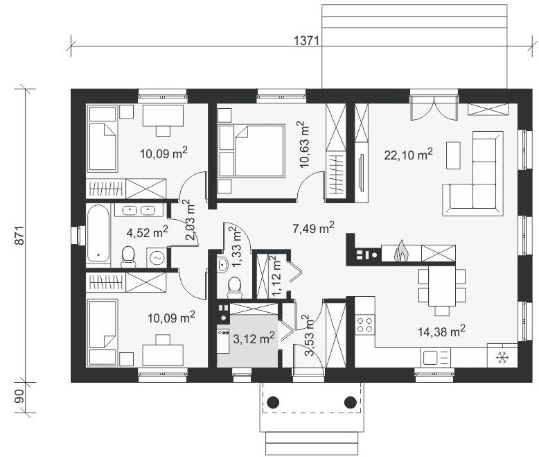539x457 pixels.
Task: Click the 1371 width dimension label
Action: (307, 41)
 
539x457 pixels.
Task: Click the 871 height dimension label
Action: (20, 235)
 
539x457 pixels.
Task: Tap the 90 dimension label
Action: (20, 397)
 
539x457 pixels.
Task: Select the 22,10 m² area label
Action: (408, 155)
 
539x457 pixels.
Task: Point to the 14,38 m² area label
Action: (442, 331)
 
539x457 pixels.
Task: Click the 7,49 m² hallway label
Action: (313, 227)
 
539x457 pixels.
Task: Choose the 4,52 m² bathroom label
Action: (147, 232)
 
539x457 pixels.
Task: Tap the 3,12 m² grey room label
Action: (254, 338)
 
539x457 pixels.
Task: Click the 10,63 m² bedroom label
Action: (304, 144)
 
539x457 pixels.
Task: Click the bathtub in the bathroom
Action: (98, 234)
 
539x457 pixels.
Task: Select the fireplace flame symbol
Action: (400, 252)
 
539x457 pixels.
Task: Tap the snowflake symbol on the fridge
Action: (502, 359)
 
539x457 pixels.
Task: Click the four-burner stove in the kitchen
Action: (365, 325)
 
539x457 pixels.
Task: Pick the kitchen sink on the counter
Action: (435, 358)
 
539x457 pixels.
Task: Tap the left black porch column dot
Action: (273, 402)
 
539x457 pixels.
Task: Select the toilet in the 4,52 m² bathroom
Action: (128, 256)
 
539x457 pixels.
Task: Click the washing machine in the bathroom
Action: (157, 257)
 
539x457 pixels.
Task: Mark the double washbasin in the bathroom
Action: (139, 209)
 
